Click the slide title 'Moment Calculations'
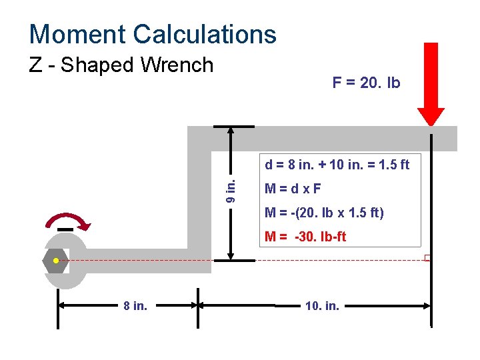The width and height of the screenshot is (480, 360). tap(153, 34)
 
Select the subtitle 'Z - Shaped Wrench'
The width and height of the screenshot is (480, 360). tap(121, 65)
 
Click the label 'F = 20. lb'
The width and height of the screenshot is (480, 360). tap(366, 83)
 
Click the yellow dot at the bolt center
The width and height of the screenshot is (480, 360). tap(57, 260)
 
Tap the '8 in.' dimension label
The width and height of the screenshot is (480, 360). tap(136, 306)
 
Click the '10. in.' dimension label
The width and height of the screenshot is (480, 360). tap(322, 306)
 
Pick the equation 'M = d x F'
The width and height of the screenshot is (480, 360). tap(293, 189)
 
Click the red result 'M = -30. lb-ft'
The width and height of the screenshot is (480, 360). tap(305, 237)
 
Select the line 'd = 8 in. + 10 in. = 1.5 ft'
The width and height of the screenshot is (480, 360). tap(337, 165)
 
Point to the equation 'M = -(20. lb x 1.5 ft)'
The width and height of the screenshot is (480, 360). tap(324, 213)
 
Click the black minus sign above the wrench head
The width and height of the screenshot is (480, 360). tap(65, 229)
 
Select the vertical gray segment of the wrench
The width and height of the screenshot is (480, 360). tap(199, 193)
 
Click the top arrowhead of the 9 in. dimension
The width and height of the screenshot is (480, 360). tap(231, 131)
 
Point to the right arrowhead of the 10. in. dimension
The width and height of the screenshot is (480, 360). tap(427, 306)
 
